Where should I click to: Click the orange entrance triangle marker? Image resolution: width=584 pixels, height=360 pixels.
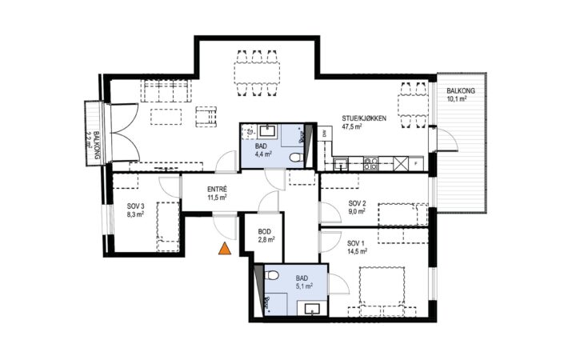click(225, 249)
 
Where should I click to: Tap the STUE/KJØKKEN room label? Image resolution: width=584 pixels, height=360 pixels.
click(364, 118)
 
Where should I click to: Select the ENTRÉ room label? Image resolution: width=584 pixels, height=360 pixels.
click(217, 190)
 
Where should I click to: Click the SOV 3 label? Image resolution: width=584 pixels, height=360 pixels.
click(135, 206)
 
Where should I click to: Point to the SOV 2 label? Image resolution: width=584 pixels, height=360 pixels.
click(357, 203)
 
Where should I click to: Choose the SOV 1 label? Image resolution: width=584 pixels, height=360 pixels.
click(356, 243)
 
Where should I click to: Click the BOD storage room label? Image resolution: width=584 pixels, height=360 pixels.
click(265, 231)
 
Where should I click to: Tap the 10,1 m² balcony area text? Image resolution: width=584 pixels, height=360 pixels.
click(457, 99)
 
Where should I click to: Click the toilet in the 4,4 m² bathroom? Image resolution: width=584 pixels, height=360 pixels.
click(295, 158)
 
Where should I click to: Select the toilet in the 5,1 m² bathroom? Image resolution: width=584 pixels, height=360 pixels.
click(272, 275)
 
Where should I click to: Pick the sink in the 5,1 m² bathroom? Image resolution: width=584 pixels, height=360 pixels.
click(312, 309)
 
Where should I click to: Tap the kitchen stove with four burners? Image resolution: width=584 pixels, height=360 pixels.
click(370, 163)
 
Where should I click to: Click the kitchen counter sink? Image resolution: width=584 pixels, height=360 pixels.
click(341, 163)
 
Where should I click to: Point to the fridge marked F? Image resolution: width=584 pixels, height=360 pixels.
click(416, 163)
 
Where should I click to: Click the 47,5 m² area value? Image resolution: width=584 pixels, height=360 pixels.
click(352, 126)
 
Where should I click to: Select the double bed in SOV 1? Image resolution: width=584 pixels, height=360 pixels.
click(382, 286)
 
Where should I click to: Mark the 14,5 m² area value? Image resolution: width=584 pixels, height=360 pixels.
click(358, 252)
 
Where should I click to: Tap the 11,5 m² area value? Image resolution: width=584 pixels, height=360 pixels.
click(218, 198)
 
